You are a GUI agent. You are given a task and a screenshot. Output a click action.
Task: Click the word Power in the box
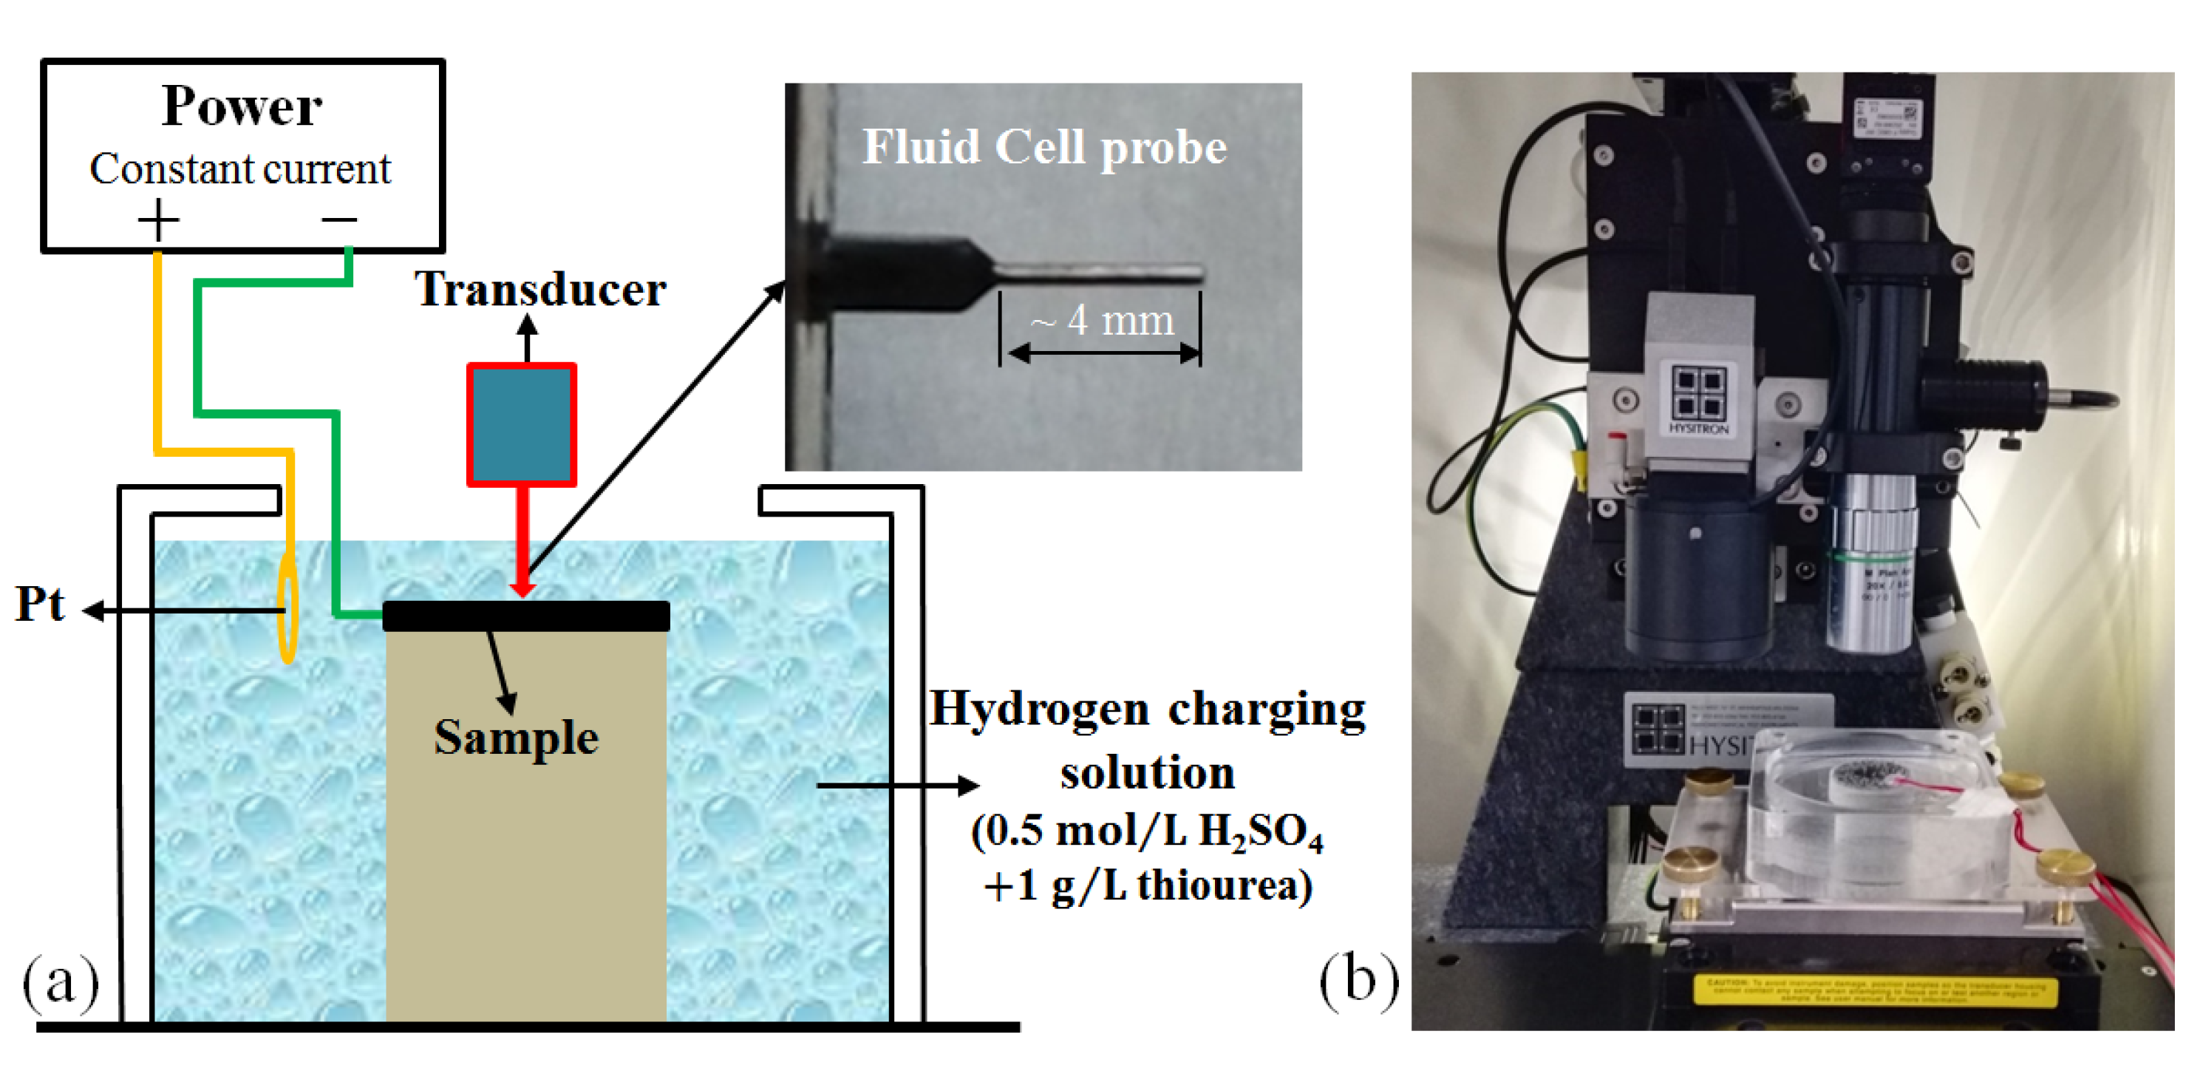point(242,107)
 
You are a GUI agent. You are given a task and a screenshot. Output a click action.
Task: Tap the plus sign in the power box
point(158,220)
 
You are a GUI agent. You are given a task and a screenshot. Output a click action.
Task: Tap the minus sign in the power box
point(338,220)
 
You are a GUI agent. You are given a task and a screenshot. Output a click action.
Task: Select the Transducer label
point(539,289)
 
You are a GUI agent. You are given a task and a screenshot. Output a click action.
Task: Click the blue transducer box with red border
point(522,424)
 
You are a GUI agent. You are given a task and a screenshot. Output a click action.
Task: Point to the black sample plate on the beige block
point(525,616)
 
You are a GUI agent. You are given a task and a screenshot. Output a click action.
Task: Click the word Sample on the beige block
point(516,737)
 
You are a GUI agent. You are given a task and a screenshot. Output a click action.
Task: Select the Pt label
point(39,604)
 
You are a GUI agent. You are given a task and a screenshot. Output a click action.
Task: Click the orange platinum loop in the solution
point(288,607)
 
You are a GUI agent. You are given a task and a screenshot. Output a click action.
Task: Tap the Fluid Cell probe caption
point(1044,148)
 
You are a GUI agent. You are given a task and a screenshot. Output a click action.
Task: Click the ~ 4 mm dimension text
point(1103,321)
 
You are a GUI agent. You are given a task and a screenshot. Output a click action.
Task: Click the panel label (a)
point(60,982)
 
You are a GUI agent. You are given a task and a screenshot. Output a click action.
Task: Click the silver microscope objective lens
point(1873,565)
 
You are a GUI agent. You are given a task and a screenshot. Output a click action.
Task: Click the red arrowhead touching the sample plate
point(522,590)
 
